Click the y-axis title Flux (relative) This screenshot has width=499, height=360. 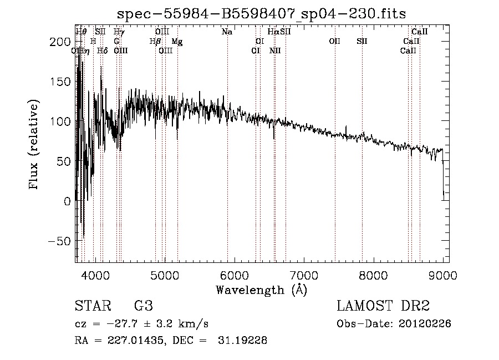click(x=34, y=144)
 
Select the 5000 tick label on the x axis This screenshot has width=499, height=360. click(x=164, y=275)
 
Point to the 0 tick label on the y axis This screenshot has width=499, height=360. click(x=68, y=201)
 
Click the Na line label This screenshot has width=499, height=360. click(x=227, y=32)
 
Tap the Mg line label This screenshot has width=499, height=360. click(x=177, y=42)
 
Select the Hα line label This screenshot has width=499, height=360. click(x=273, y=32)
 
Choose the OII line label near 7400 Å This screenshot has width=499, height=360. click(x=334, y=42)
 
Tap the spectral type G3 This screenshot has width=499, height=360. click(x=143, y=306)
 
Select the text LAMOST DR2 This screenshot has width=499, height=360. click(x=383, y=306)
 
